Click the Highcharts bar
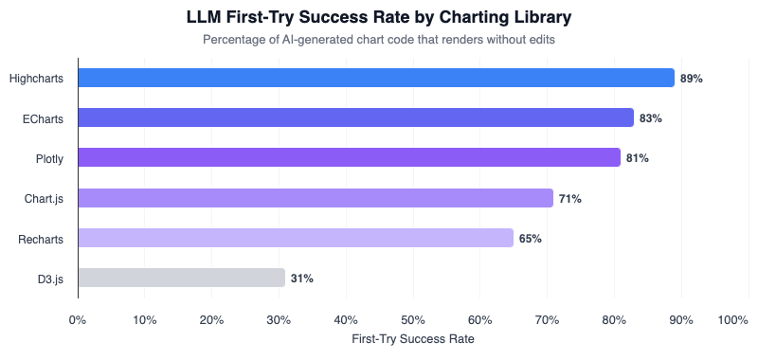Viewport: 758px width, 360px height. tap(376, 78)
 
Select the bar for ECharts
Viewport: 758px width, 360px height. tap(356, 117)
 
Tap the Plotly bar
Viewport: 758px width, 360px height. tap(350, 158)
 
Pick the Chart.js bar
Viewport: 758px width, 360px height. tap(316, 198)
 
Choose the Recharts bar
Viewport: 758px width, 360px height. tap(296, 238)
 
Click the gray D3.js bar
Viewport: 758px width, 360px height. tap(182, 278)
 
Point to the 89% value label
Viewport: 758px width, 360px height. tap(692, 79)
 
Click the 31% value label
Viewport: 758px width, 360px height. tap(302, 279)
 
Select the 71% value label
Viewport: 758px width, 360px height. tap(569, 199)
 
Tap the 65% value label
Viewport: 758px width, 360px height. tap(530, 239)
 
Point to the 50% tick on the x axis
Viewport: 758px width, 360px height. tap(413, 320)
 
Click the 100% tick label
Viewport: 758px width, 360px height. tap(733, 320)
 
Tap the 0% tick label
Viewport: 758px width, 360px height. tap(78, 320)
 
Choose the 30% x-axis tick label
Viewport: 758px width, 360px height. tap(279, 320)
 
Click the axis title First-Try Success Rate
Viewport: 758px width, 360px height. tap(413, 338)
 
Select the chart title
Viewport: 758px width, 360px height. tap(379, 18)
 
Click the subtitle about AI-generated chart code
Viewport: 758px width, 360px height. tap(379, 40)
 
